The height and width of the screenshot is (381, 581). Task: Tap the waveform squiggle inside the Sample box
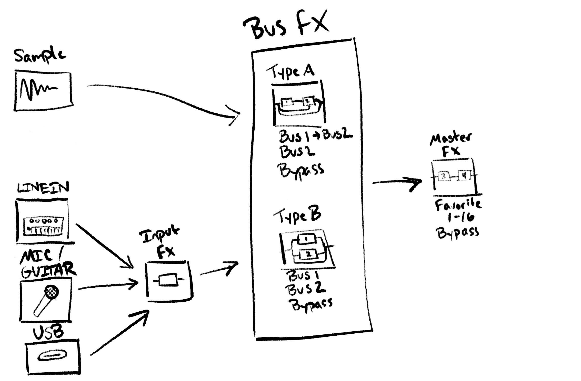pos(38,90)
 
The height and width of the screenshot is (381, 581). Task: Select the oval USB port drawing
pos(53,356)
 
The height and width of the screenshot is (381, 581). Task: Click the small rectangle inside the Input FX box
pos(168,280)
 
